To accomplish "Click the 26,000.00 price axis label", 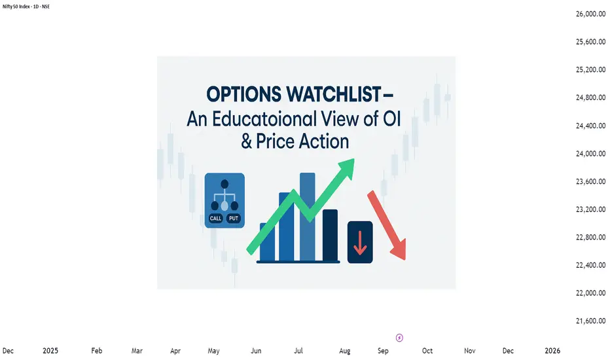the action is pyautogui.click(x=590, y=14).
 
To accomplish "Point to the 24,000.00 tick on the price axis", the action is pyautogui.click(x=590, y=153).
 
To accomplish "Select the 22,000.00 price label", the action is pyautogui.click(x=590, y=293).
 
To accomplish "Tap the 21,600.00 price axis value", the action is pyautogui.click(x=590, y=321).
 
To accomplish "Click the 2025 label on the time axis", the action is pyautogui.click(x=50, y=351).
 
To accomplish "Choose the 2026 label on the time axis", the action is pyautogui.click(x=552, y=351).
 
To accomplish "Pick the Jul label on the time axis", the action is pyautogui.click(x=298, y=351).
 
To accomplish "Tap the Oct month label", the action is pyautogui.click(x=427, y=351).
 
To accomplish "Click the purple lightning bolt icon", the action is pyautogui.click(x=399, y=338).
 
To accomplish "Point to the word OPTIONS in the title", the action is pyautogui.click(x=243, y=94).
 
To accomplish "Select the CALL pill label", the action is pyautogui.click(x=215, y=219).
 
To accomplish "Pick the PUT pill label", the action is pyautogui.click(x=234, y=219).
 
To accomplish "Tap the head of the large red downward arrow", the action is pyautogui.click(x=399, y=249).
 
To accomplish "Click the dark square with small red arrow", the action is pyautogui.click(x=360, y=242).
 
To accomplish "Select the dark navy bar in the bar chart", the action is pyautogui.click(x=331, y=236).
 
